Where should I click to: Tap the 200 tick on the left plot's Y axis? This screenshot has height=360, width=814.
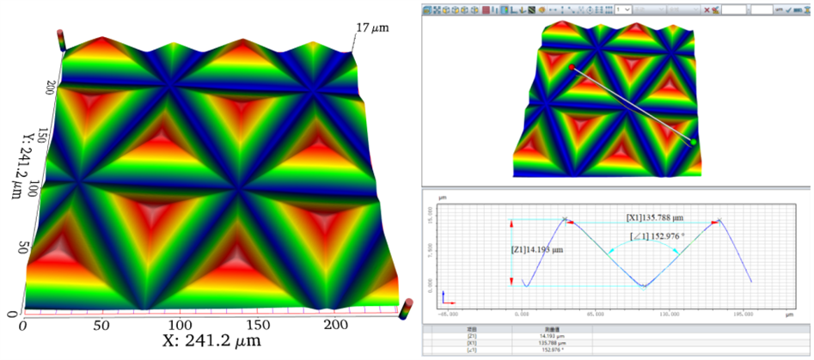49,86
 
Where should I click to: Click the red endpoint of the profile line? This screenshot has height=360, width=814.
571,66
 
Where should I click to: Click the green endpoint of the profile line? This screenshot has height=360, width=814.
693,140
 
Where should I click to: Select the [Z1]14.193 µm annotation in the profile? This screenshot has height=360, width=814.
540,249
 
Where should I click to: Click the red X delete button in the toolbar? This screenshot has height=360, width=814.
707,9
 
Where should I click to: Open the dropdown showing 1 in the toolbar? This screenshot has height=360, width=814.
626,9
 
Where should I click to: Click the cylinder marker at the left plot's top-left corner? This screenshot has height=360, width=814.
60,39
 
